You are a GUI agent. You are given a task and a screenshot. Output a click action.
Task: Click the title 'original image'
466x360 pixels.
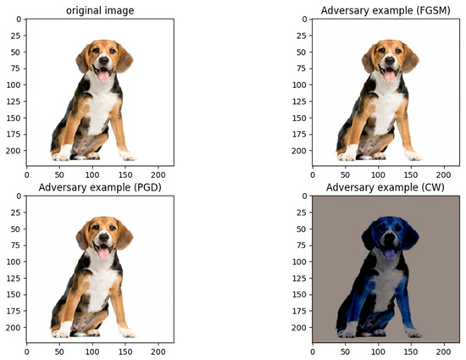[x=100, y=9]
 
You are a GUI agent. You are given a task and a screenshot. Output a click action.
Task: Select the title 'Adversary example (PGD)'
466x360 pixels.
[x=100, y=186]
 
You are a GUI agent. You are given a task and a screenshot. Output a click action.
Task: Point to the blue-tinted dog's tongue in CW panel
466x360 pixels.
[x=391, y=252]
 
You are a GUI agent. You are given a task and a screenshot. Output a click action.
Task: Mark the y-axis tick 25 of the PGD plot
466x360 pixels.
[x=16, y=215]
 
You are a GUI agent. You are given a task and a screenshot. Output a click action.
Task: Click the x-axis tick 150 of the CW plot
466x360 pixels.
[x=412, y=350]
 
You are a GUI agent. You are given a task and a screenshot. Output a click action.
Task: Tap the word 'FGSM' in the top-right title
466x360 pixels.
[x=425, y=9]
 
